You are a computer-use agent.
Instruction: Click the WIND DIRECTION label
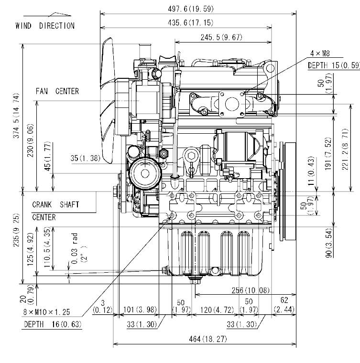pos(45,26)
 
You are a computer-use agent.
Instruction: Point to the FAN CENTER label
pos(57,91)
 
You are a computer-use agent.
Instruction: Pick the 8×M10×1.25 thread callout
pos(46,312)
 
